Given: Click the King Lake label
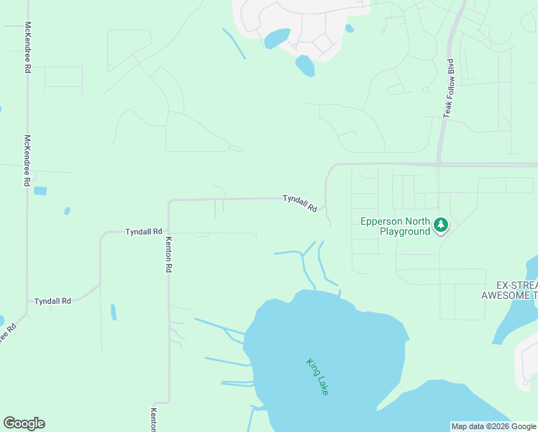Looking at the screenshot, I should (x=317, y=377).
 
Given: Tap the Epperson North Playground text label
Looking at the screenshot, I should (x=395, y=227).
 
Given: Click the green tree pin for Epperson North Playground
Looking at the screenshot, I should (x=440, y=226).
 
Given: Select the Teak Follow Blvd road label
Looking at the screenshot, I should (x=449, y=89).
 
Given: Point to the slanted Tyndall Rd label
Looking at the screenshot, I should (x=299, y=203).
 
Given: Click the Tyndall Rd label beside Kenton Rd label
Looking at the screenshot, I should (x=143, y=232).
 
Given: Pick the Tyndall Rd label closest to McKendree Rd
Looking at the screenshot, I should (x=53, y=301).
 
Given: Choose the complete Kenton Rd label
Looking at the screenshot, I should (x=169, y=254).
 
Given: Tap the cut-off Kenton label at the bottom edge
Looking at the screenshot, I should (x=153, y=420).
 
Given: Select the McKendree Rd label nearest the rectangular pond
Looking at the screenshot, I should (x=27, y=161).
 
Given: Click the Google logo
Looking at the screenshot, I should (x=24, y=423).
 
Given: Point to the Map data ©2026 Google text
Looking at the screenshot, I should (x=493, y=426).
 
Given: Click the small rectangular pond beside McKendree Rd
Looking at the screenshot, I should (x=40, y=191).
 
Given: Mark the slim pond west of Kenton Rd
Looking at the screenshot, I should (x=113, y=312).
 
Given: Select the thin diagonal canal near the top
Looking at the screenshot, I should (x=234, y=43).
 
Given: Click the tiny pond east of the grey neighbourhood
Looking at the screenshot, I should (x=349, y=29).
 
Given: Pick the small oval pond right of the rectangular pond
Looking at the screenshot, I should (x=67, y=211).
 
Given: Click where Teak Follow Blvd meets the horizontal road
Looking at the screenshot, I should (x=439, y=164).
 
